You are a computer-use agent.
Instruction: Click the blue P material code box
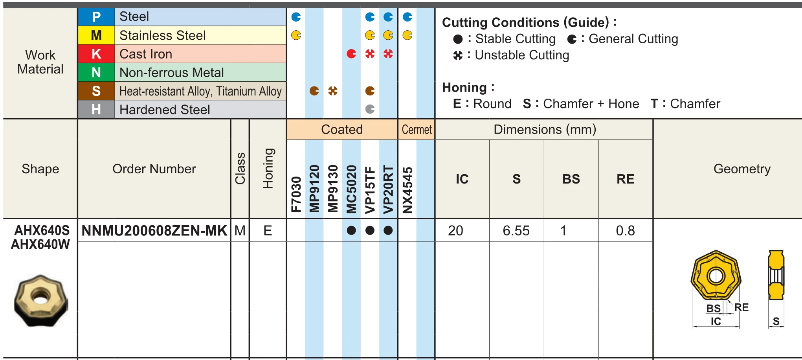pyautogui.click(x=96, y=17)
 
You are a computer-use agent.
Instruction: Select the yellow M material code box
pyautogui.click(x=96, y=35)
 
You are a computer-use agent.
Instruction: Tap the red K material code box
pyautogui.click(x=96, y=54)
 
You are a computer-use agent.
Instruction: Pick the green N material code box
pyautogui.click(x=96, y=72)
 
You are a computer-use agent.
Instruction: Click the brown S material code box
pyautogui.click(x=96, y=91)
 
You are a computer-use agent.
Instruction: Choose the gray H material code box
pyautogui.click(x=96, y=109)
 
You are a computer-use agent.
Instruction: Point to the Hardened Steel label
pyautogui.click(x=165, y=110)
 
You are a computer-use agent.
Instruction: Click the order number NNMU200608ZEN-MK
pyautogui.click(x=154, y=231)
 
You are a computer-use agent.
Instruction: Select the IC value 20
pyautogui.click(x=455, y=231)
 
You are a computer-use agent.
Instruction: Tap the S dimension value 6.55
pyautogui.click(x=516, y=231)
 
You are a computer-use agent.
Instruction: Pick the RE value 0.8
pyautogui.click(x=625, y=231)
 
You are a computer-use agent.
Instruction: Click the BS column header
pyautogui.click(x=571, y=179)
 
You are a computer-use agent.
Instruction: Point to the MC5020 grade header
pyautogui.click(x=351, y=189)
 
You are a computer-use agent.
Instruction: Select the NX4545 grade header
pyautogui.click(x=407, y=190)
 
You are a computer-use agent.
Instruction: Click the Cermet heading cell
pyautogui.click(x=417, y=130)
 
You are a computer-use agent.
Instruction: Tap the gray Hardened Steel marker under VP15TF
pyautogui.click(x=370, y=109)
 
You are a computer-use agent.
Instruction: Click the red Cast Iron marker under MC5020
pyautogui.click(x=351, y=54)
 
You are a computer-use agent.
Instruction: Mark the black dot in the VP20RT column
pyautogui.click(x=388, y=231)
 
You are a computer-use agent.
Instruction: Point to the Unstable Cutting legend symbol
pyautogui.click(x=458, y=55)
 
